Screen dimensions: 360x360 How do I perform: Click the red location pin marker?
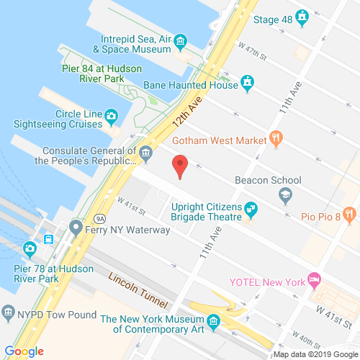pyautogui.click(x=181, y=167)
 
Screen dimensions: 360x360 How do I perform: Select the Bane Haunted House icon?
pyautogui.click(x=248, y=84)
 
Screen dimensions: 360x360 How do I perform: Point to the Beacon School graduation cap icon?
pyautogui.click(x=286, y=194)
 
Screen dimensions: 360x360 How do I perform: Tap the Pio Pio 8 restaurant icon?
pyautogui.click(x=349, y=213)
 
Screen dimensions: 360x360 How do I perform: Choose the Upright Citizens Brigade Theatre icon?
pyautogui.click(x=251, y=210)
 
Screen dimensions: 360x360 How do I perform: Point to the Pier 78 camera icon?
pyautogui.click(x=30, y=249)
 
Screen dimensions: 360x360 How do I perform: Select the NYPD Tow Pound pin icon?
pyautogui.click(x=9, y=312)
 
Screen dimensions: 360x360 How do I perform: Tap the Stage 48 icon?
pyautogui.click(x=302, y=15)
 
